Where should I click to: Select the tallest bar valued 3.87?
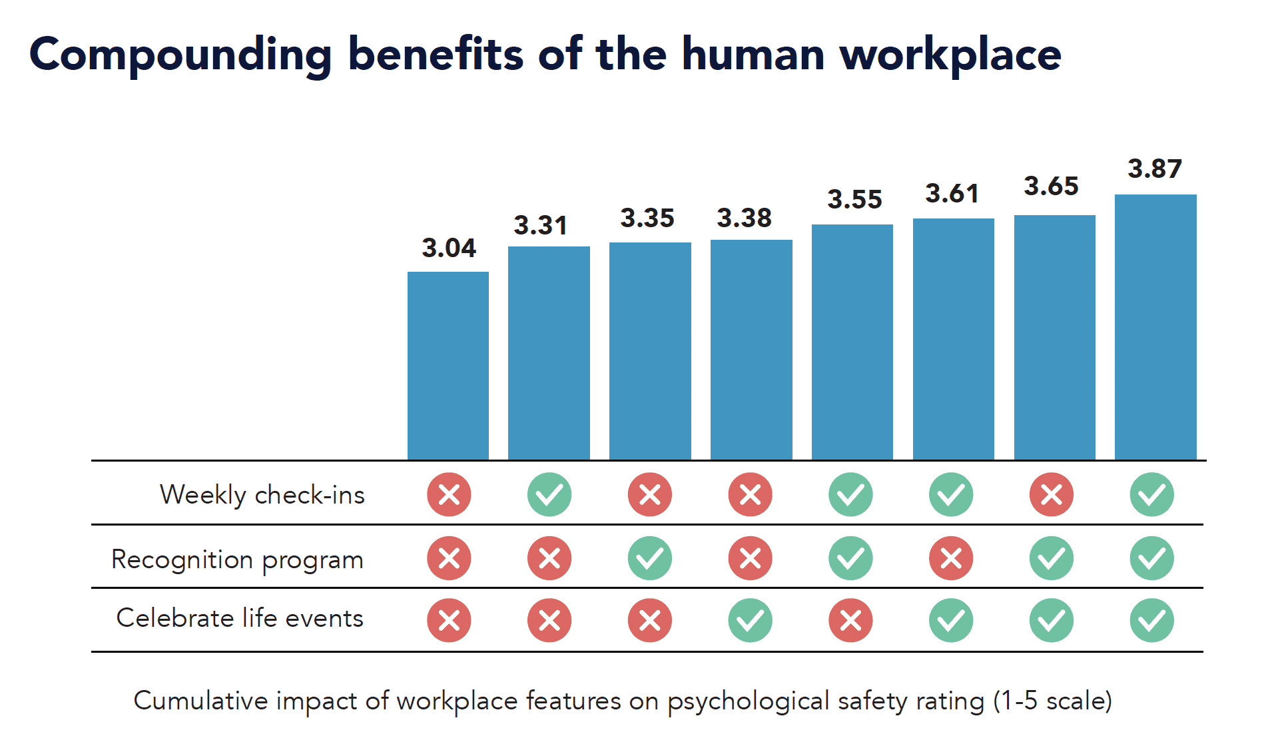tap(1155, 326)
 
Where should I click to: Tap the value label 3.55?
tap(854, 199)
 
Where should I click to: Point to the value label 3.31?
tap(540, 225)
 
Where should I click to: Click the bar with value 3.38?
tap(751, 349)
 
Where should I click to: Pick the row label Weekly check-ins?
tap(262, 495)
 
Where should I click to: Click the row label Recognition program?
tap(237, 560)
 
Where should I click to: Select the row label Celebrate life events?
tap(240, 618)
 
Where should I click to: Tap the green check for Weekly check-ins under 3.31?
tap(549, 495)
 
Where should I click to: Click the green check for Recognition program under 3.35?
tap(650, 558)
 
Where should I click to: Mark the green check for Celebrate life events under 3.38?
tap(751, 621)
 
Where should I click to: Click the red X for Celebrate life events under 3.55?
tap(850, 621)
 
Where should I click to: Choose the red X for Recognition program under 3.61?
tap(951, 558)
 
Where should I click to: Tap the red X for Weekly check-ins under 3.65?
tap(1052, 495)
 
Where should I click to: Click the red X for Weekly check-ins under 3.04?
tap(449, 495)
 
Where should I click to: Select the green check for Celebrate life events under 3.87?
tap(1152, 621)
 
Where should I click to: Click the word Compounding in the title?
tap(180, 55)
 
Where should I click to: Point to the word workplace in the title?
tap(950, 55)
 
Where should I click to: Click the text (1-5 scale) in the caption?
tap(1052, 701)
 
